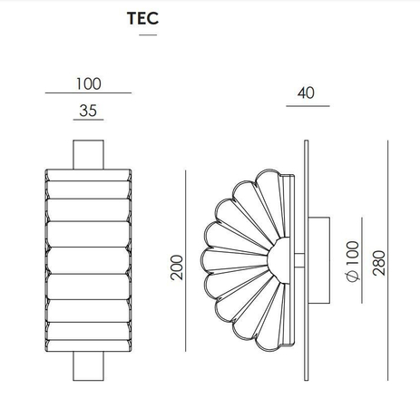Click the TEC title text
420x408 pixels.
[142, 18]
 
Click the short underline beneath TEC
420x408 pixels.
[148, 35]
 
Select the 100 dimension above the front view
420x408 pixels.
[88, 83]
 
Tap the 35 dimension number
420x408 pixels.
[88, 111]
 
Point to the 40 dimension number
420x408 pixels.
[306, 92]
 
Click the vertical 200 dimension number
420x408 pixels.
[177, 267]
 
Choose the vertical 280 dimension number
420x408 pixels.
[379, 263]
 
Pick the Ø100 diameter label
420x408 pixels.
[352, 261]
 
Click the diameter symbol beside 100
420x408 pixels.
[352, 277]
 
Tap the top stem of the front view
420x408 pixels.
[88, 154]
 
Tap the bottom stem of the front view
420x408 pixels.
[88, 366]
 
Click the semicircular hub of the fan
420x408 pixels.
[278, 260]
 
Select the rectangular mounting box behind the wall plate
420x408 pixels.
[319, 260]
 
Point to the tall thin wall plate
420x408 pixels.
[307, 260]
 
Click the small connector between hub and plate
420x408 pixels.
[299, 260]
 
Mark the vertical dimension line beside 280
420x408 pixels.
[387, 260]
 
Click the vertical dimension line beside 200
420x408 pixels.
[186, 260]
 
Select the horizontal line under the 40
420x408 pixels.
[308, 106]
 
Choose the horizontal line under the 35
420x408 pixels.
[88, 120]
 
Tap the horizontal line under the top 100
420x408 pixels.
[88, 92]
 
